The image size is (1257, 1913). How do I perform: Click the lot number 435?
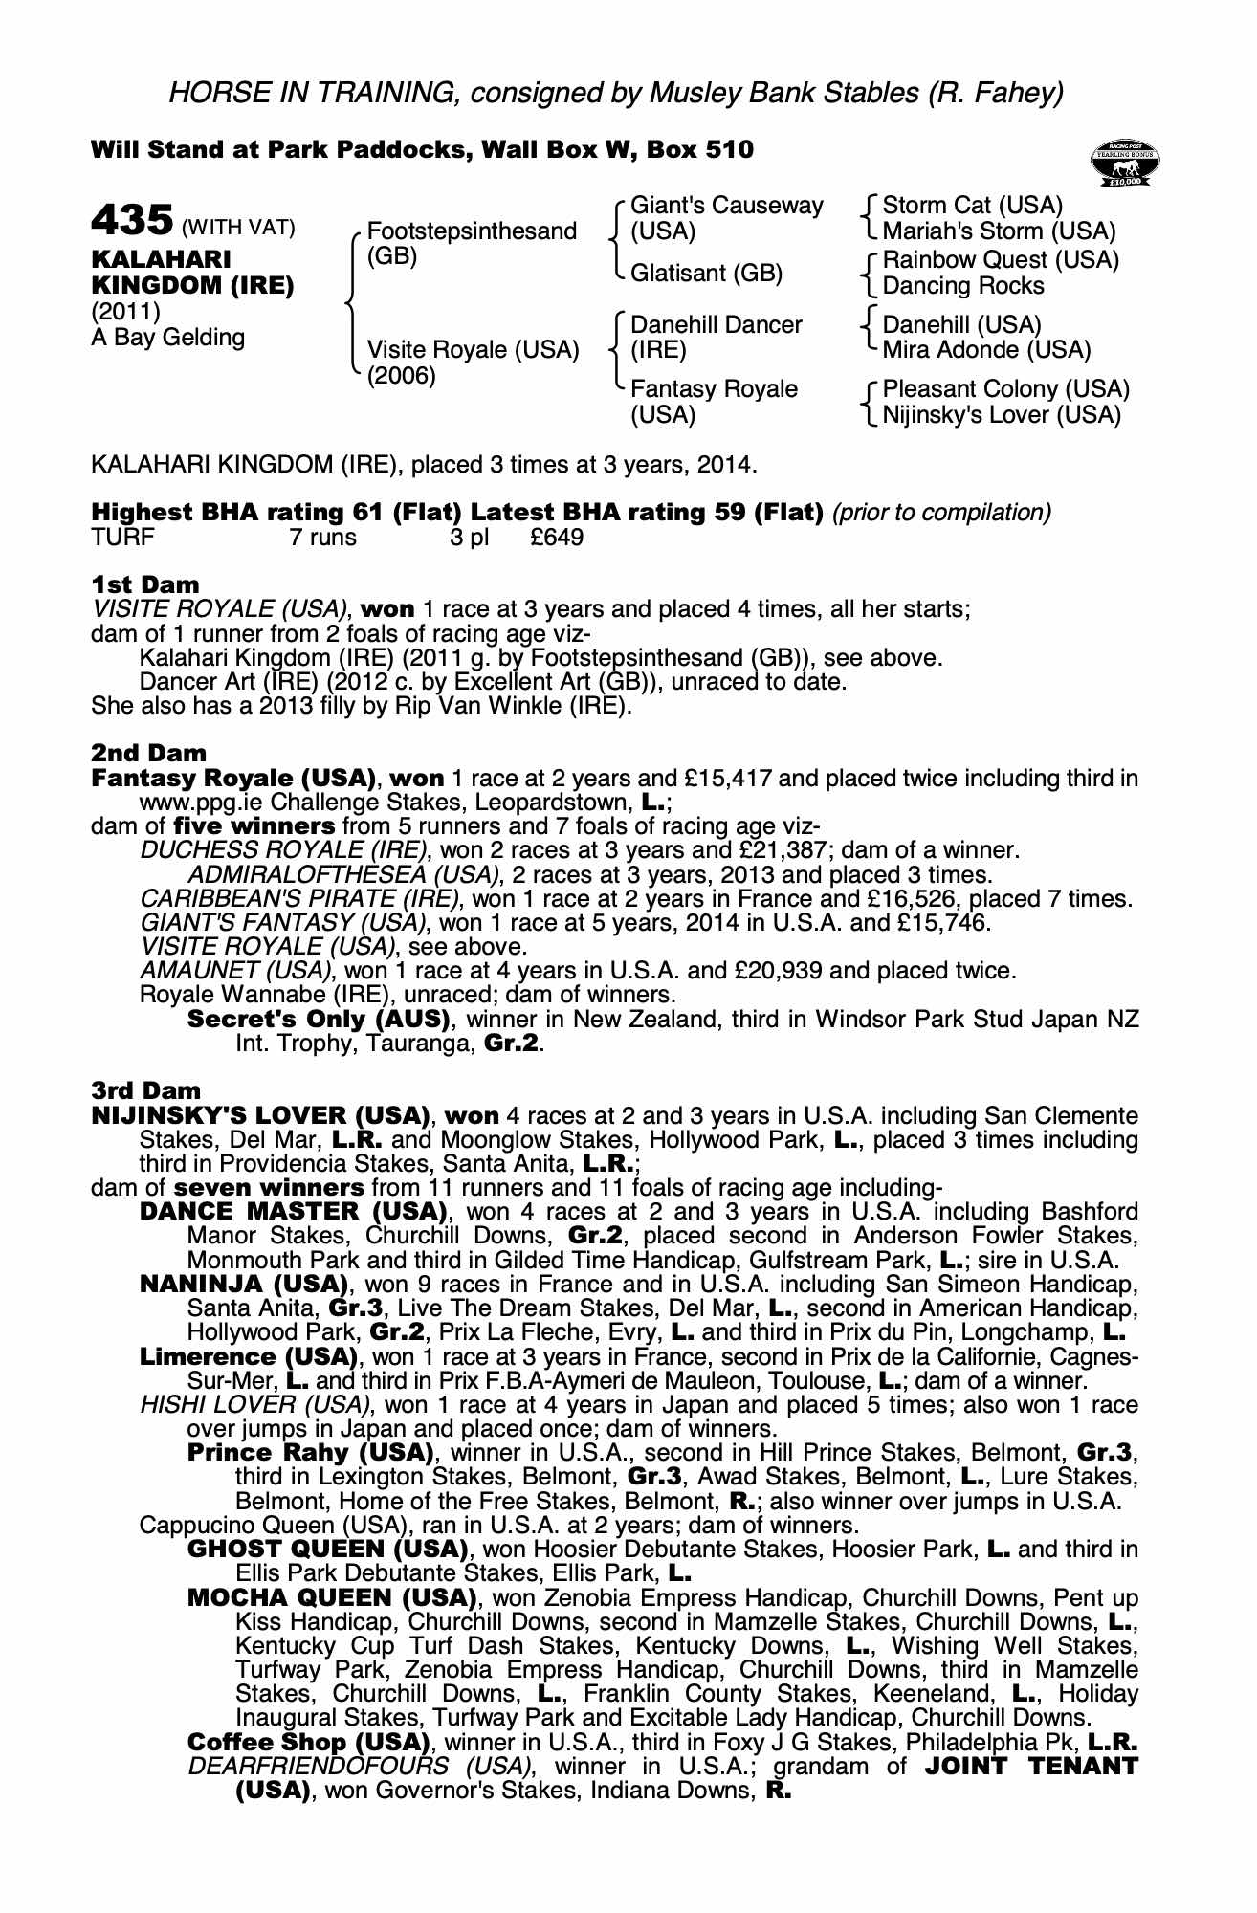point(132,221)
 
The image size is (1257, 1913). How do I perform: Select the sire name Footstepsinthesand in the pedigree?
point(472,231)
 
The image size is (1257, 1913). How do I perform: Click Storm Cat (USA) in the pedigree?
point(972,206)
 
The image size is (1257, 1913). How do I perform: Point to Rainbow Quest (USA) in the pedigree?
point(1000,260)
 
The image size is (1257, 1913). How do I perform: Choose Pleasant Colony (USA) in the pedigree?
point(1005,389)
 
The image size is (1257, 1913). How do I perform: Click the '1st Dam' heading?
point(145,584)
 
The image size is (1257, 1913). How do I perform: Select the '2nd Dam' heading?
point(148,754)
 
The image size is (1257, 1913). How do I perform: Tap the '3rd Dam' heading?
point(146,1091)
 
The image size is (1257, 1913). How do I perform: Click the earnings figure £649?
point(557,538)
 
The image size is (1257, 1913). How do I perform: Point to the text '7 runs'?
point(322,538)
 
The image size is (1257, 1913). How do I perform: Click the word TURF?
point(122,538)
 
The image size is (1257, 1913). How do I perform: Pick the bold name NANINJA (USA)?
point(243,1285)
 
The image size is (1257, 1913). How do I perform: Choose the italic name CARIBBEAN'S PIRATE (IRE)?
point(300,899)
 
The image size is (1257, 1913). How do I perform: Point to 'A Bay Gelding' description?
point(168,338)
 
